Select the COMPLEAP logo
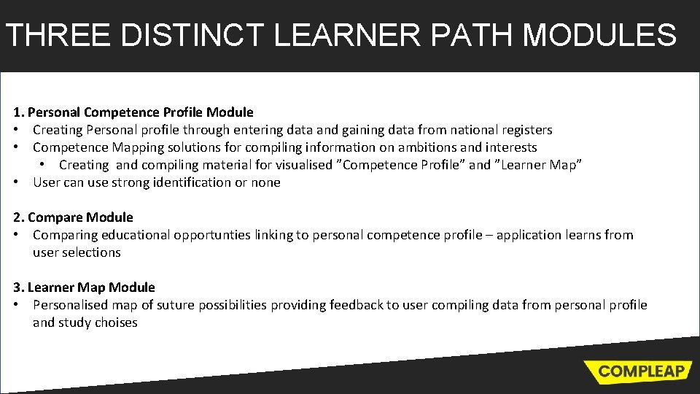pyautogui.click(x=638, y=371)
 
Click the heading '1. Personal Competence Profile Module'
pyautogui.click(x=133, y=112)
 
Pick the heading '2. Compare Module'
pyautogui.click(x=73, y=217)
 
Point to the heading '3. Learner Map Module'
pyautogui.click(x=84, y=287)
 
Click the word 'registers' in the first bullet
pyautogui.click(x=526, y=130)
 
